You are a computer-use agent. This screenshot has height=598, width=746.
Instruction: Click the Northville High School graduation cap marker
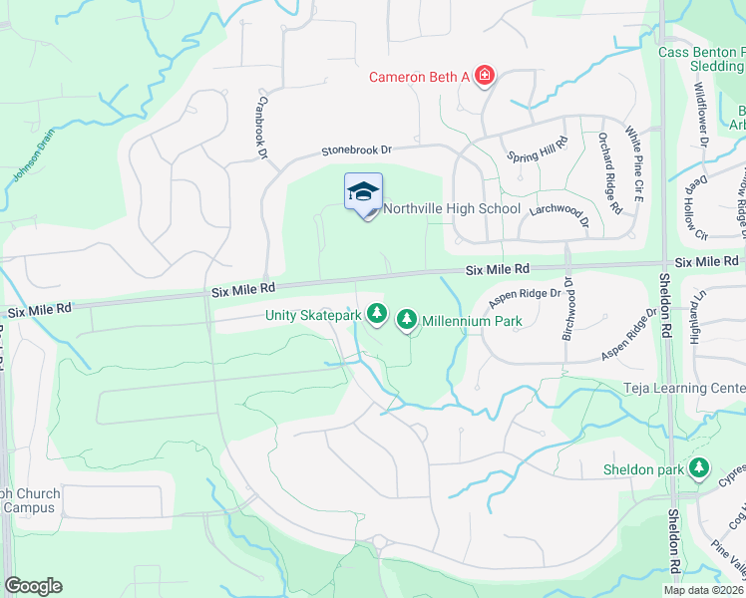click(364, 191)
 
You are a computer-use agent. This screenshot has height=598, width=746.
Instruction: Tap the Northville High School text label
click(452, 208)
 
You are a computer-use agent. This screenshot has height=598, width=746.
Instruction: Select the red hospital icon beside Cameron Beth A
click(486, 76)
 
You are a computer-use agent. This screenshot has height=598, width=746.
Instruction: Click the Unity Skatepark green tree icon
click(377, 315)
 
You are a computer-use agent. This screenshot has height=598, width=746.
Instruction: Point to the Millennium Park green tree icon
click(407, 321)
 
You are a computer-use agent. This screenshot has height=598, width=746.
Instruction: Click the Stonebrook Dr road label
click(356, 150)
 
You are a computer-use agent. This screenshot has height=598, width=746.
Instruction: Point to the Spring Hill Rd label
click(537, 156)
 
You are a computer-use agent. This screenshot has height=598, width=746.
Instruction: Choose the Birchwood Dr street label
click(567, 309)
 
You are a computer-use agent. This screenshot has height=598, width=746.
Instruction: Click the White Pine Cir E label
click(633, 158)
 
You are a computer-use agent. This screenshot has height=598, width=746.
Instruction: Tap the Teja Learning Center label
click(685, 388)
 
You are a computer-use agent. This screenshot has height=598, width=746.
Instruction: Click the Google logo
click(33, 586)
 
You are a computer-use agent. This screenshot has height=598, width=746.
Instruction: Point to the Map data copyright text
click(704, 590)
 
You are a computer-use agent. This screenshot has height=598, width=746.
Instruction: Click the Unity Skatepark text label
click(313, 315)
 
